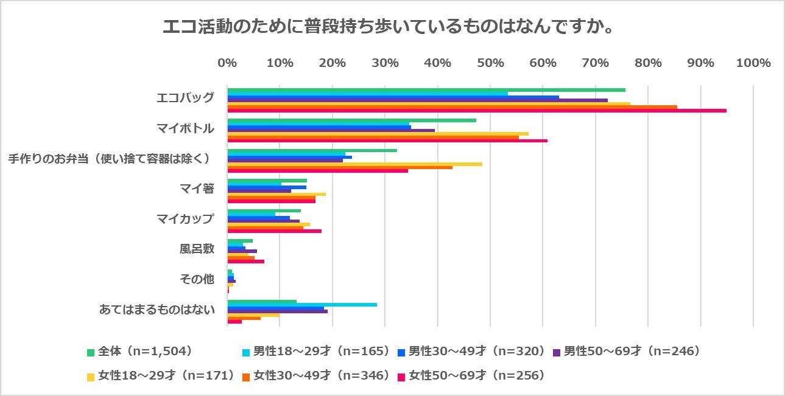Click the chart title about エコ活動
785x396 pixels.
pyautogui.click(x=387, y=27)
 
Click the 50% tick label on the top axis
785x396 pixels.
pyautogui.click(x=490, y=63)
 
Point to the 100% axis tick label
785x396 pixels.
pyautogui.click(x=753, y=63)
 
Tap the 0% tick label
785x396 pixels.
pyautogui.click(x=227, y=63)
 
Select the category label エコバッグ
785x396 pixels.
pyautogui.click(x=185, y=98)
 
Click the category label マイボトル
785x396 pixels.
pyautogui.click(x=185, y=128)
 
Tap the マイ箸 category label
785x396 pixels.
pyautogui.click(x=197, y=189)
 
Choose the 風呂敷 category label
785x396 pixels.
pyautogui.click(x=197, y=249)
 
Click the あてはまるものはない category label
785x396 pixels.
pyautogui.click(x=157, y=310)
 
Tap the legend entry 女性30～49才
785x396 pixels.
pyautogui.click(x=321, y=376)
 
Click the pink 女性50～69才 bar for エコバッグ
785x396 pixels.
pyautogui.click(x=476, y=111)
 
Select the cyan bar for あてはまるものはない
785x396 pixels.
pyautogui.click(x=301, y=305)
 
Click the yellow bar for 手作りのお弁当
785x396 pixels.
pyautogui.click(x=354, y=164)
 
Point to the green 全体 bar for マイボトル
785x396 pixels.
pyautogui.click(x=351, y=120)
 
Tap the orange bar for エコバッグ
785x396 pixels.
pyautogui.click(x=452, y=107)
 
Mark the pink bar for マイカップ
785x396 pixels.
pyautogui.click(x=274, y=231)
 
